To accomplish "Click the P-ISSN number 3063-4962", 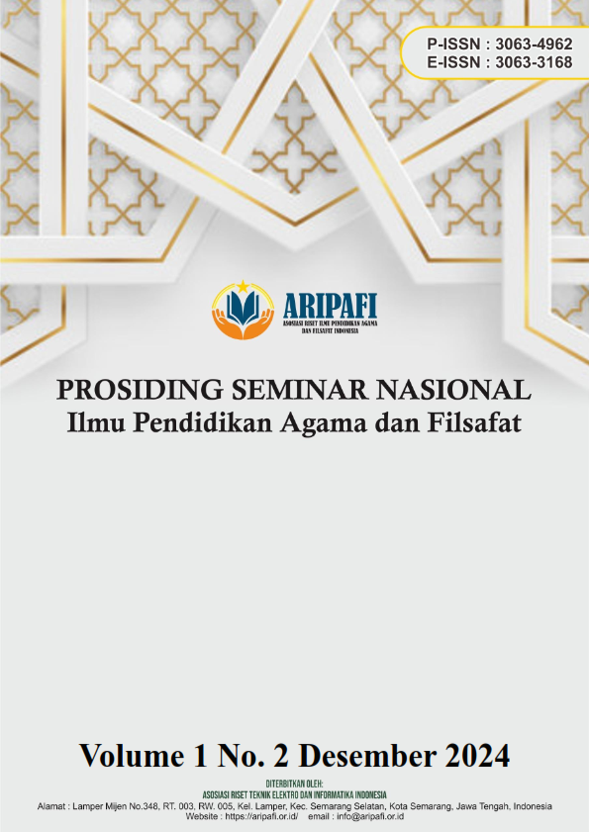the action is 534,45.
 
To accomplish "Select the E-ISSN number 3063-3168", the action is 534,62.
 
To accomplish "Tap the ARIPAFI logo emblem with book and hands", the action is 243,311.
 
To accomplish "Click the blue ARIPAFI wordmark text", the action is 330,306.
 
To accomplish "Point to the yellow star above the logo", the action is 243,287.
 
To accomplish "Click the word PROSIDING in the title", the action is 140,391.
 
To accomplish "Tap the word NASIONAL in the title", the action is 453,391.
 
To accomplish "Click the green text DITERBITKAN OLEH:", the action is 295,785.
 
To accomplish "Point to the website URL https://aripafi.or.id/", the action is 261,815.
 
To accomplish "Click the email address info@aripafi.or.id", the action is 370,815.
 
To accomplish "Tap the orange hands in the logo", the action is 243,324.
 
